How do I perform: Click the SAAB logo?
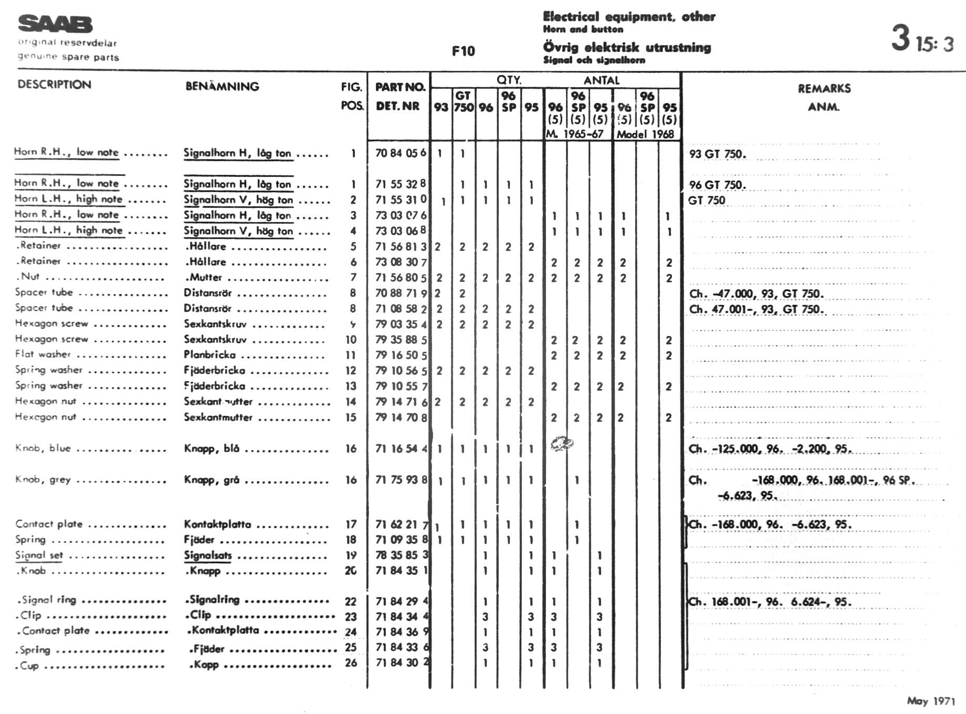pyautogui.click(x=55, y=24)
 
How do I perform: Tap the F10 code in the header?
pyautogui.click(x=463, y=51)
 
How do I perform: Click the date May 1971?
pyautogui.click(x=930, y=701)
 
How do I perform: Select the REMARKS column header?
pyautogui.click(x=824, y=89)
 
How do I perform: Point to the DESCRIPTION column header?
pyautogui.click(x=54, y=85)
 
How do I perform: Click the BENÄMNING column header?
pyautogui.click(x=222, y=87)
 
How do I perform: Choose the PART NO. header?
pyautogui.click(x=400, y=87)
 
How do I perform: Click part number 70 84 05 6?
pyautogui.click(x=401, y=153)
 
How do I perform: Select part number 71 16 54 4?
pyautogui.click(x=401, y=449)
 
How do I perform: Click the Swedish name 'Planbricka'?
pyautogui.click(x=209, y=355)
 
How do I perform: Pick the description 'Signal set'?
pyautogui.click(x=39, y=555)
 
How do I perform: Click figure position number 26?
pyautogui.click(x=351, y=663)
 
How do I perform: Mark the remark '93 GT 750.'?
pyautogui.click(x=717, y=154)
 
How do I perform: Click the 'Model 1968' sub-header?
pyautogui.click(x=645, y=134)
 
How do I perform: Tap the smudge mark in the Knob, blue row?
pyautogui.click(x=562, y=444)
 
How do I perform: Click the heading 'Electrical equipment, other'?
pyautogui.click(x=629, y=17)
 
